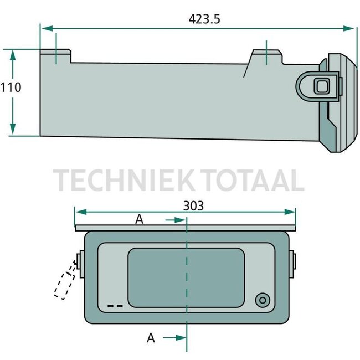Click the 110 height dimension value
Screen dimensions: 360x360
pyautogui.click(x=11, y=87)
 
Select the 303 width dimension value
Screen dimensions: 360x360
pyautogui.click(x=193, y=205)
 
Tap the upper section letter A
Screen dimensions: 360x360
pyautogui.click(x=140, y=219)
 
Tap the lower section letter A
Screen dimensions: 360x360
pyautogui.click(x=151, y=338)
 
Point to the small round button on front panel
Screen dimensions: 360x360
pyautogui.click(x=261, y=300)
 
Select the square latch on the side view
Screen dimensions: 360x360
pyautogui.click(x=321, y=86)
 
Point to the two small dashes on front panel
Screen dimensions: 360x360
pyautogui.click(x=115, y=306)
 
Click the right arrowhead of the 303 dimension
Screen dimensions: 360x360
pyautogui.click(x=292, y=212)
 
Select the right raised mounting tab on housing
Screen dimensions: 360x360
pyautogui.click(x=266, y=56)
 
